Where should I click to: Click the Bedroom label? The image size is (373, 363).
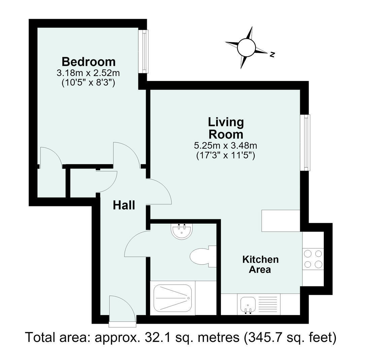[89, 62]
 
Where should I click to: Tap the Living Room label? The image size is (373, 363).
[226, 128]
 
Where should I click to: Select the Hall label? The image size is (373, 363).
[124, 205]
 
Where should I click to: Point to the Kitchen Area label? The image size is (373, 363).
[261, 265]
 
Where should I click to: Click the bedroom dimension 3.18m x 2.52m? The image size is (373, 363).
[88, 73]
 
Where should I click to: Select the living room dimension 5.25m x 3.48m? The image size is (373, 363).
[226, 145]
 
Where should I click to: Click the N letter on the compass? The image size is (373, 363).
[273, 55]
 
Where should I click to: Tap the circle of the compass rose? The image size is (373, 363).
[246, 47]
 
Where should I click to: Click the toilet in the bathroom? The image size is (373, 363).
[203, 256]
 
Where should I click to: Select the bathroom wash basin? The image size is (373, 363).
[181, 231]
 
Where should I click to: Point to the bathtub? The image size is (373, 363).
[172, 298]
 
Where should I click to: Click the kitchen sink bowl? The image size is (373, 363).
[248, 305]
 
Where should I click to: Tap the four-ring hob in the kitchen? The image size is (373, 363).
[313, 259]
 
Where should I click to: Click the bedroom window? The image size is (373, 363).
[143, 51]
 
